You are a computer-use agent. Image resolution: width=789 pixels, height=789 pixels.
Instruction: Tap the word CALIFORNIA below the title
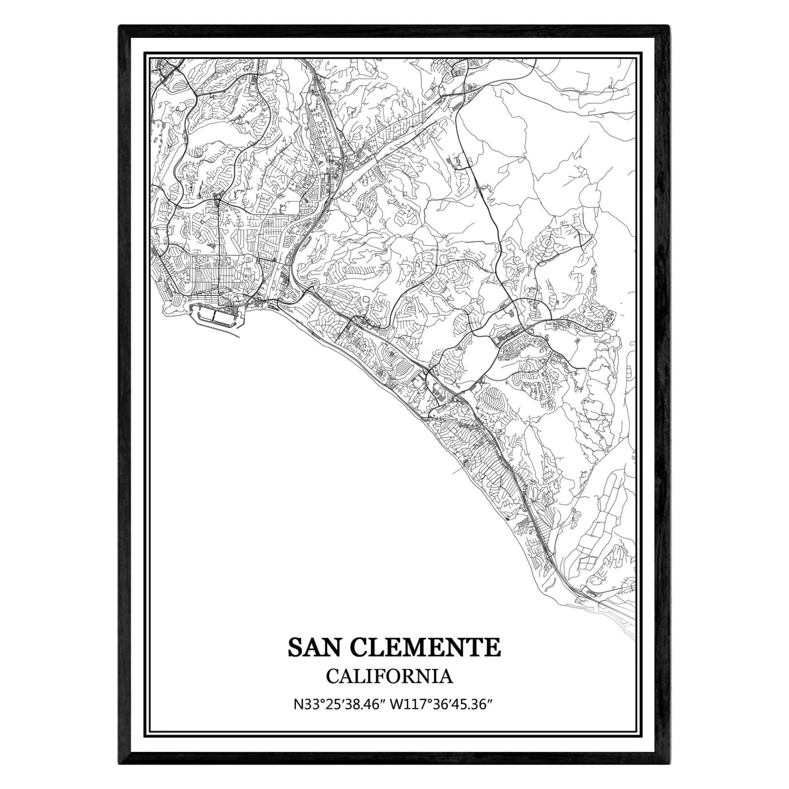(389, 676)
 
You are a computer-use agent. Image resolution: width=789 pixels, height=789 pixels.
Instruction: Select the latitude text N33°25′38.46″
(338, 704)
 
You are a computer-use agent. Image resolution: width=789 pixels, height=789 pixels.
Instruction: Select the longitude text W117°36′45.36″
(442, 704)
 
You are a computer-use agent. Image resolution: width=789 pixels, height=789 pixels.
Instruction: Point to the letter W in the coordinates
(395, 704)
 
